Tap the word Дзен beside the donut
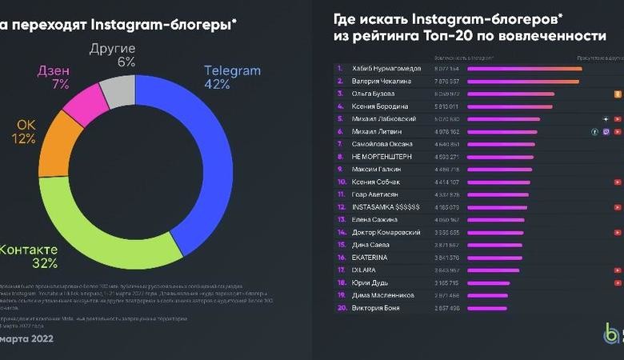(54, 70)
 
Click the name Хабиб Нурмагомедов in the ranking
(385, 68)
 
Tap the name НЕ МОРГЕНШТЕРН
(382, 156)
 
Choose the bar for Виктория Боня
(487, 308)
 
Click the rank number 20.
(342, 308)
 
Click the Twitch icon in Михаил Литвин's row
(606, 131)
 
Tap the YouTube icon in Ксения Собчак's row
(617, 182)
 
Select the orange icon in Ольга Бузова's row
(617, 94)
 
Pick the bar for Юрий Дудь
(491, 282)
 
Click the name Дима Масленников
(383, 295)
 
